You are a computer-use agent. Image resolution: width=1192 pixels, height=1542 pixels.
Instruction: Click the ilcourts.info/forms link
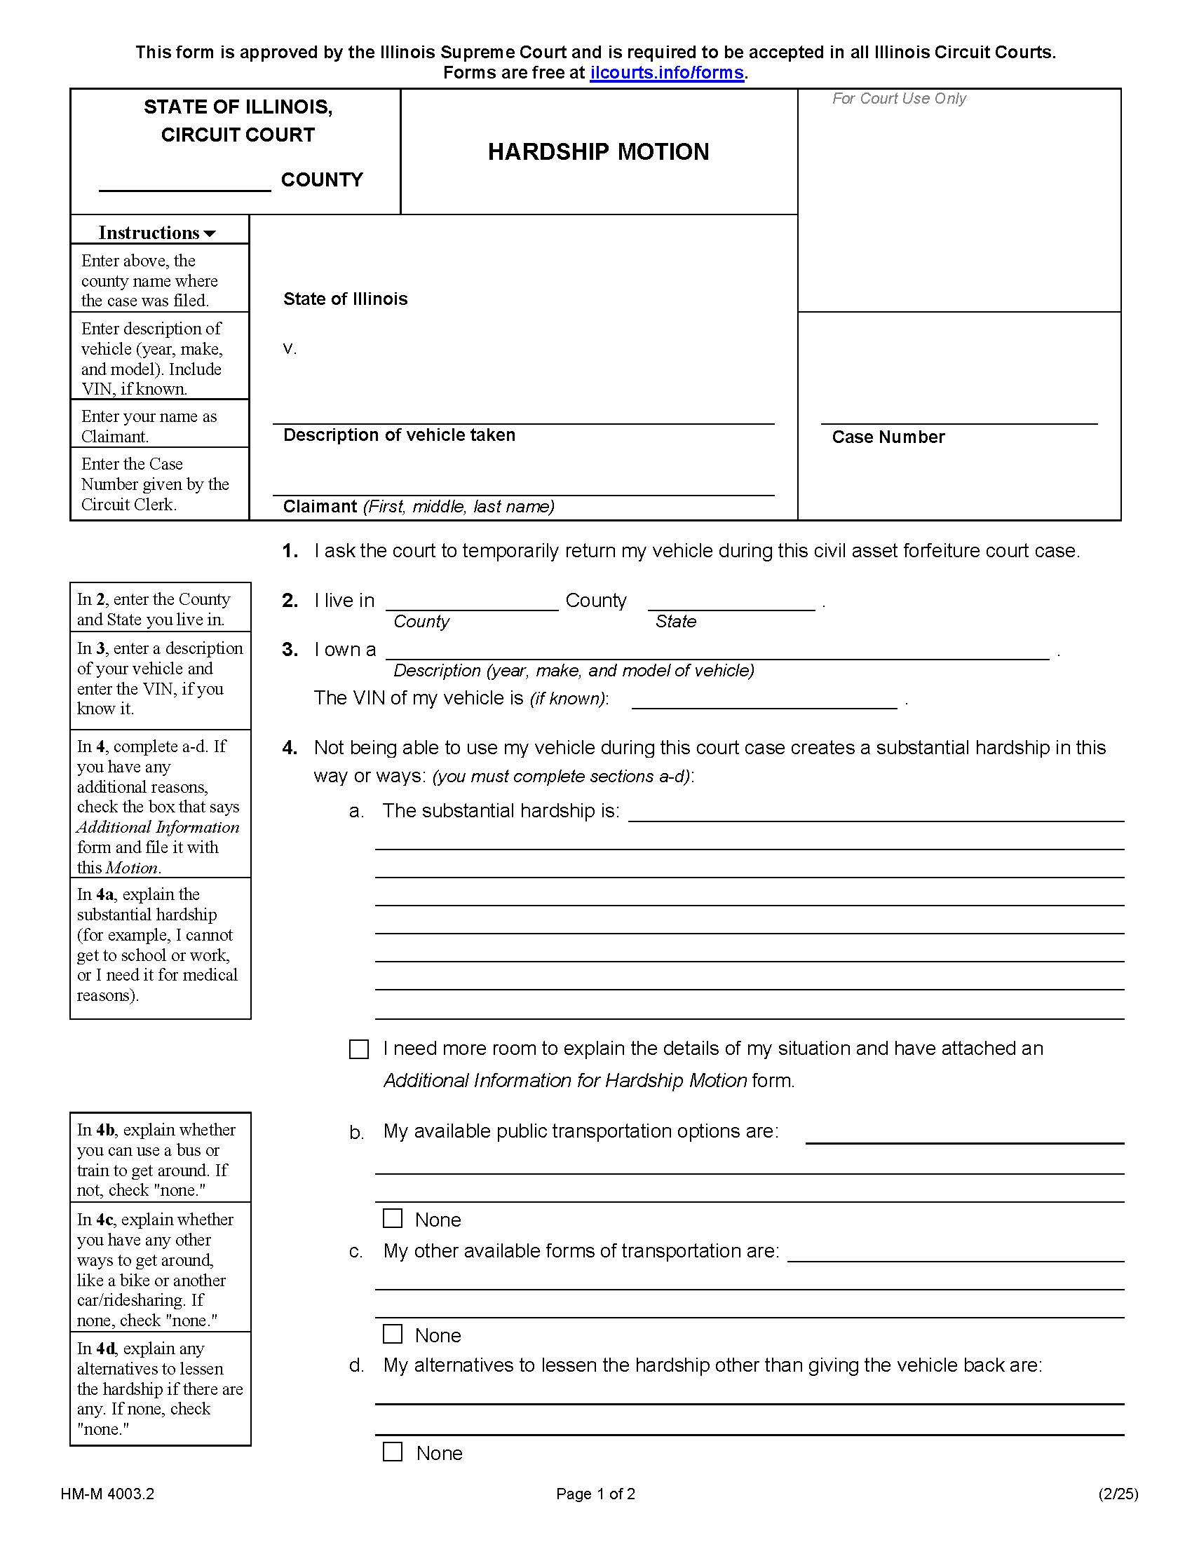tap(667, 73)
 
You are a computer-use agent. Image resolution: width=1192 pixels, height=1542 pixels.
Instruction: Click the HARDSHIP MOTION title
tap(598, 152)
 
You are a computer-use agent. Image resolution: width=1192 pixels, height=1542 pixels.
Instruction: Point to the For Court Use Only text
tap(898, 99)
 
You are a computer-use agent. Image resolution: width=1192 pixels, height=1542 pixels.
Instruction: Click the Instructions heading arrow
tap(209, 233)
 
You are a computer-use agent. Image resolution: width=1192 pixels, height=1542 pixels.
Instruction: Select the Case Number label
tap(888, 437)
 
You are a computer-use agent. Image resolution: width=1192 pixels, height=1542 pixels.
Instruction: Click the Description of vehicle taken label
tap(399, 435)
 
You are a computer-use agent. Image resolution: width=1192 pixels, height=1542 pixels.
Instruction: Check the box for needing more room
tap(359, 1049)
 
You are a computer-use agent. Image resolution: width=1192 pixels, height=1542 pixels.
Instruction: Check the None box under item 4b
tap(393, 1218)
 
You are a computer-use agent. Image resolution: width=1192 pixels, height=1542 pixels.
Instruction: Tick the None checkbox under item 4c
tap(393, 1334)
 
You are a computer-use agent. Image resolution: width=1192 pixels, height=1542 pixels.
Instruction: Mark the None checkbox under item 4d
tap(393, 1452)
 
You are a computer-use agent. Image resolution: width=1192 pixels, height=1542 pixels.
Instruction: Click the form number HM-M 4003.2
tap(107, 1494)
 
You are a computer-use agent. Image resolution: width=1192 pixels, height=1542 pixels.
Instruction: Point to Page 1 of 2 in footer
tap(595, 1494)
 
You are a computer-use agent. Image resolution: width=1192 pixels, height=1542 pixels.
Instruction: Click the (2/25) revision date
tap(1118, 1494)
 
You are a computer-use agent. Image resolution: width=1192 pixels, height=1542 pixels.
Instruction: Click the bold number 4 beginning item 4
tap(289, 748)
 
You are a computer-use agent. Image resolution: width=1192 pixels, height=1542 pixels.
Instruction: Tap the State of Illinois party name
tap(345, 299)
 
